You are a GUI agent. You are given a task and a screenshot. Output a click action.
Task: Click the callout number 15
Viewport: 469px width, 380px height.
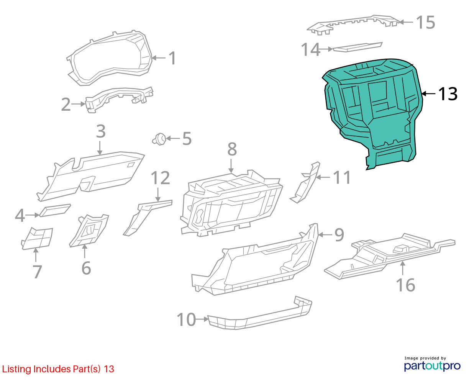pyautogui.click(x=425, y=22)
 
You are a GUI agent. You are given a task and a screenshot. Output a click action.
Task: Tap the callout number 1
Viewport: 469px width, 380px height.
pyautogui.click(x=172, y=58)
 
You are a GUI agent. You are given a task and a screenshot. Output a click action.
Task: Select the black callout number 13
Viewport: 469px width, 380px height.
pyautogui.click(x=448, y=94)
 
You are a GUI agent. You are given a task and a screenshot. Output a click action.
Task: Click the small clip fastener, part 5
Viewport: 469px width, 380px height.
pyautogui.click(x=159, y=139)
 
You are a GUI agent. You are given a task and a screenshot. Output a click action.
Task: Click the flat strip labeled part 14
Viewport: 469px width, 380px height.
pyautogui.click(x=357, y=47)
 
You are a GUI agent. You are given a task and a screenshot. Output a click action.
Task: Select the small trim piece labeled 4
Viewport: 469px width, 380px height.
pyautogui.click(x=55, y=210)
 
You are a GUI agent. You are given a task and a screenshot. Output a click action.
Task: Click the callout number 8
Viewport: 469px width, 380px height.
pyautogui.click(x=232, y=149)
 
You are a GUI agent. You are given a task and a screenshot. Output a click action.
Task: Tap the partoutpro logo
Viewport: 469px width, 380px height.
pyautogui.click(x=432, y=365)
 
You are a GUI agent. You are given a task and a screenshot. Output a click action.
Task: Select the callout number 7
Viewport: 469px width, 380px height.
pyautogui.click(x=37, y=272)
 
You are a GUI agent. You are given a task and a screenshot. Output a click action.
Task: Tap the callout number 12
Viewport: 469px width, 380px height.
pyautogui.click(x=160, y=178)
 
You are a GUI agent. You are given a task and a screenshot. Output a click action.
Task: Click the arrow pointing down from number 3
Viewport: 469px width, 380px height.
pyautogui.click(x=100, y=148)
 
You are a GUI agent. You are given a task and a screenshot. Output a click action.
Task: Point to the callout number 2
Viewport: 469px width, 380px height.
pyautogui.click(x=66, y=104)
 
